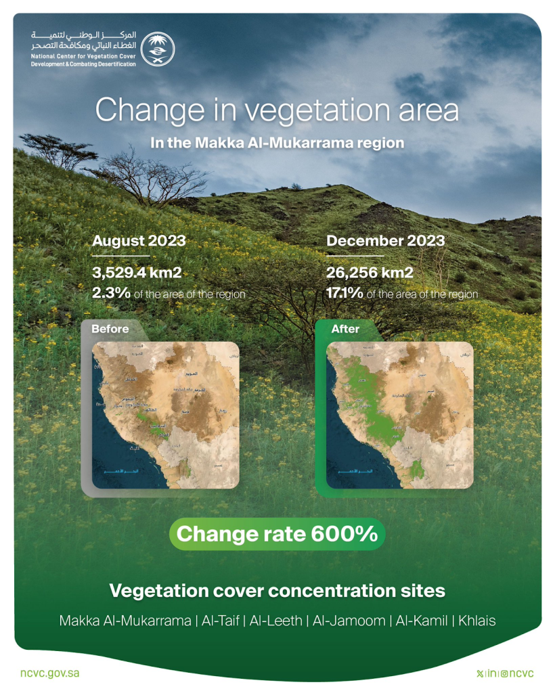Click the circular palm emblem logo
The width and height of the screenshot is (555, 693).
pyautogui.click(x=157, y=48)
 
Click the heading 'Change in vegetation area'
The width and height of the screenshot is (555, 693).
pyautogui.click(x=277, y=110)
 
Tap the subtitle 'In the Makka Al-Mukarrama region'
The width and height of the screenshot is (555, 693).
pyautogui.click(x=277, y=143)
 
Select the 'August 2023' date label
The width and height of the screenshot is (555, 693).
pyautogui.click(x=139, y=241)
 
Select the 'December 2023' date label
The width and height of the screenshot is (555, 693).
pyautogui.click(x=385, y=241)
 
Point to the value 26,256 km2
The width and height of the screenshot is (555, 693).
pyautogui.click(x=370, y=273)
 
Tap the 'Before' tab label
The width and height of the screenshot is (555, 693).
pyautogui.click(x=110, y=330)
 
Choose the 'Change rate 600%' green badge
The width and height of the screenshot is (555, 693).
pyautogui.click(x=277, y=533)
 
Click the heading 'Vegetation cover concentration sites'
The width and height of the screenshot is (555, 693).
pyautogui.click(x=277, y=591)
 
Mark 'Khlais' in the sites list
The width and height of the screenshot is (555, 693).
pyautogui.click(x=477, y=621)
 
